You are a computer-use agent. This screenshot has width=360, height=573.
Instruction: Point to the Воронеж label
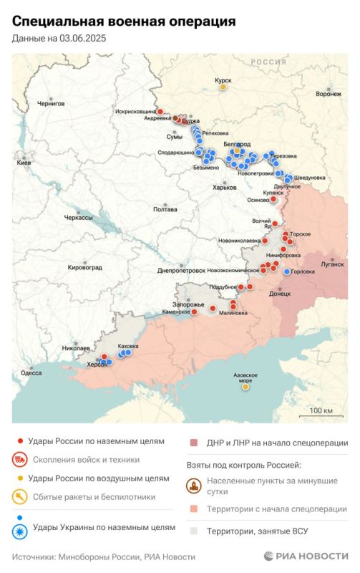point(328,94)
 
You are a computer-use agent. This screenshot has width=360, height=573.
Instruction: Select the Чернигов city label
point(51,103)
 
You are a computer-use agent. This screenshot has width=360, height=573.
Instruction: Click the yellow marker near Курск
point(223,88)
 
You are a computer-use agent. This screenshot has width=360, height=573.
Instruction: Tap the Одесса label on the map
point(31,372)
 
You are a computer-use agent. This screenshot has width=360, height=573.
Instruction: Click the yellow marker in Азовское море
point(245,387)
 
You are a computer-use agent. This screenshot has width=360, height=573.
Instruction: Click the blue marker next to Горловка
point(287,271)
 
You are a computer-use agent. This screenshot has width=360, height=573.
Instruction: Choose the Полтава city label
point(165,209)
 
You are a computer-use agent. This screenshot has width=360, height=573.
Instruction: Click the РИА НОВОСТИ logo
point(306,556)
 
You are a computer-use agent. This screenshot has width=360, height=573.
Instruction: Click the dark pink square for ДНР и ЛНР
point(194,443)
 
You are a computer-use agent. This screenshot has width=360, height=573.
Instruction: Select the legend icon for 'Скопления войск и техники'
point(21,460)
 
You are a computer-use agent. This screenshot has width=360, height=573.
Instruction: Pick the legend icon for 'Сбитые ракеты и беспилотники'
point(21,496)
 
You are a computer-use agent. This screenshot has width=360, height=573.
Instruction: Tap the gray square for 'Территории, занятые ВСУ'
point(194,531)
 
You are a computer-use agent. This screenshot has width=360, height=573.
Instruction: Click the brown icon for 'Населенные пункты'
point(194,486)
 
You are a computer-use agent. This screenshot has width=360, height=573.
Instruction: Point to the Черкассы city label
point(78,217)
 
